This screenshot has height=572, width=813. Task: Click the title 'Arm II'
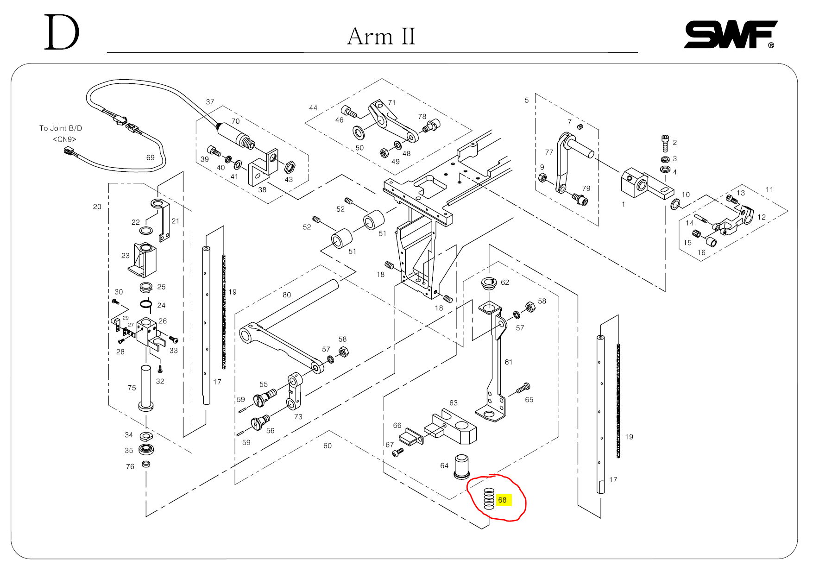tap(381, 37)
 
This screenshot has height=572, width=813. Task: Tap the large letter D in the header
tap(62, 32)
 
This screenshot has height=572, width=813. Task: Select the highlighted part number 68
tap(503, 500)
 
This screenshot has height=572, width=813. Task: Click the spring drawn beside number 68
tap(489, 499)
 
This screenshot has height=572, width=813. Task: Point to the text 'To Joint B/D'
tap(61, 128)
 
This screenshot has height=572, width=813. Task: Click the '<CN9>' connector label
tap(64, 139)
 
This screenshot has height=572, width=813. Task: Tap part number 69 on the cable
tap(151, 157)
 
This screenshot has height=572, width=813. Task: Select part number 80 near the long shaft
tap(287, 295)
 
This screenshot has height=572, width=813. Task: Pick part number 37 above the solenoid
tap(210, 102)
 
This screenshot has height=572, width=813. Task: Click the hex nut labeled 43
tap(289, 166)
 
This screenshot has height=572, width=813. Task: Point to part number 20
tap(97, 207)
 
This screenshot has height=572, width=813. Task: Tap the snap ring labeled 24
tap(146, 304)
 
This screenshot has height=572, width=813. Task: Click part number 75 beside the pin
tap(132, 388)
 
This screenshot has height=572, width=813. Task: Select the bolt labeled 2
tap(665, 143)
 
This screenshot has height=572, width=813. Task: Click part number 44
tap(313, 108)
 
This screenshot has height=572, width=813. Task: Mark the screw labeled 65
tap(523, 388)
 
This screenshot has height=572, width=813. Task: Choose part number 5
tap(527, 100)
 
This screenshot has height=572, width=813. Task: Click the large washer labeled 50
tap(359, 133)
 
